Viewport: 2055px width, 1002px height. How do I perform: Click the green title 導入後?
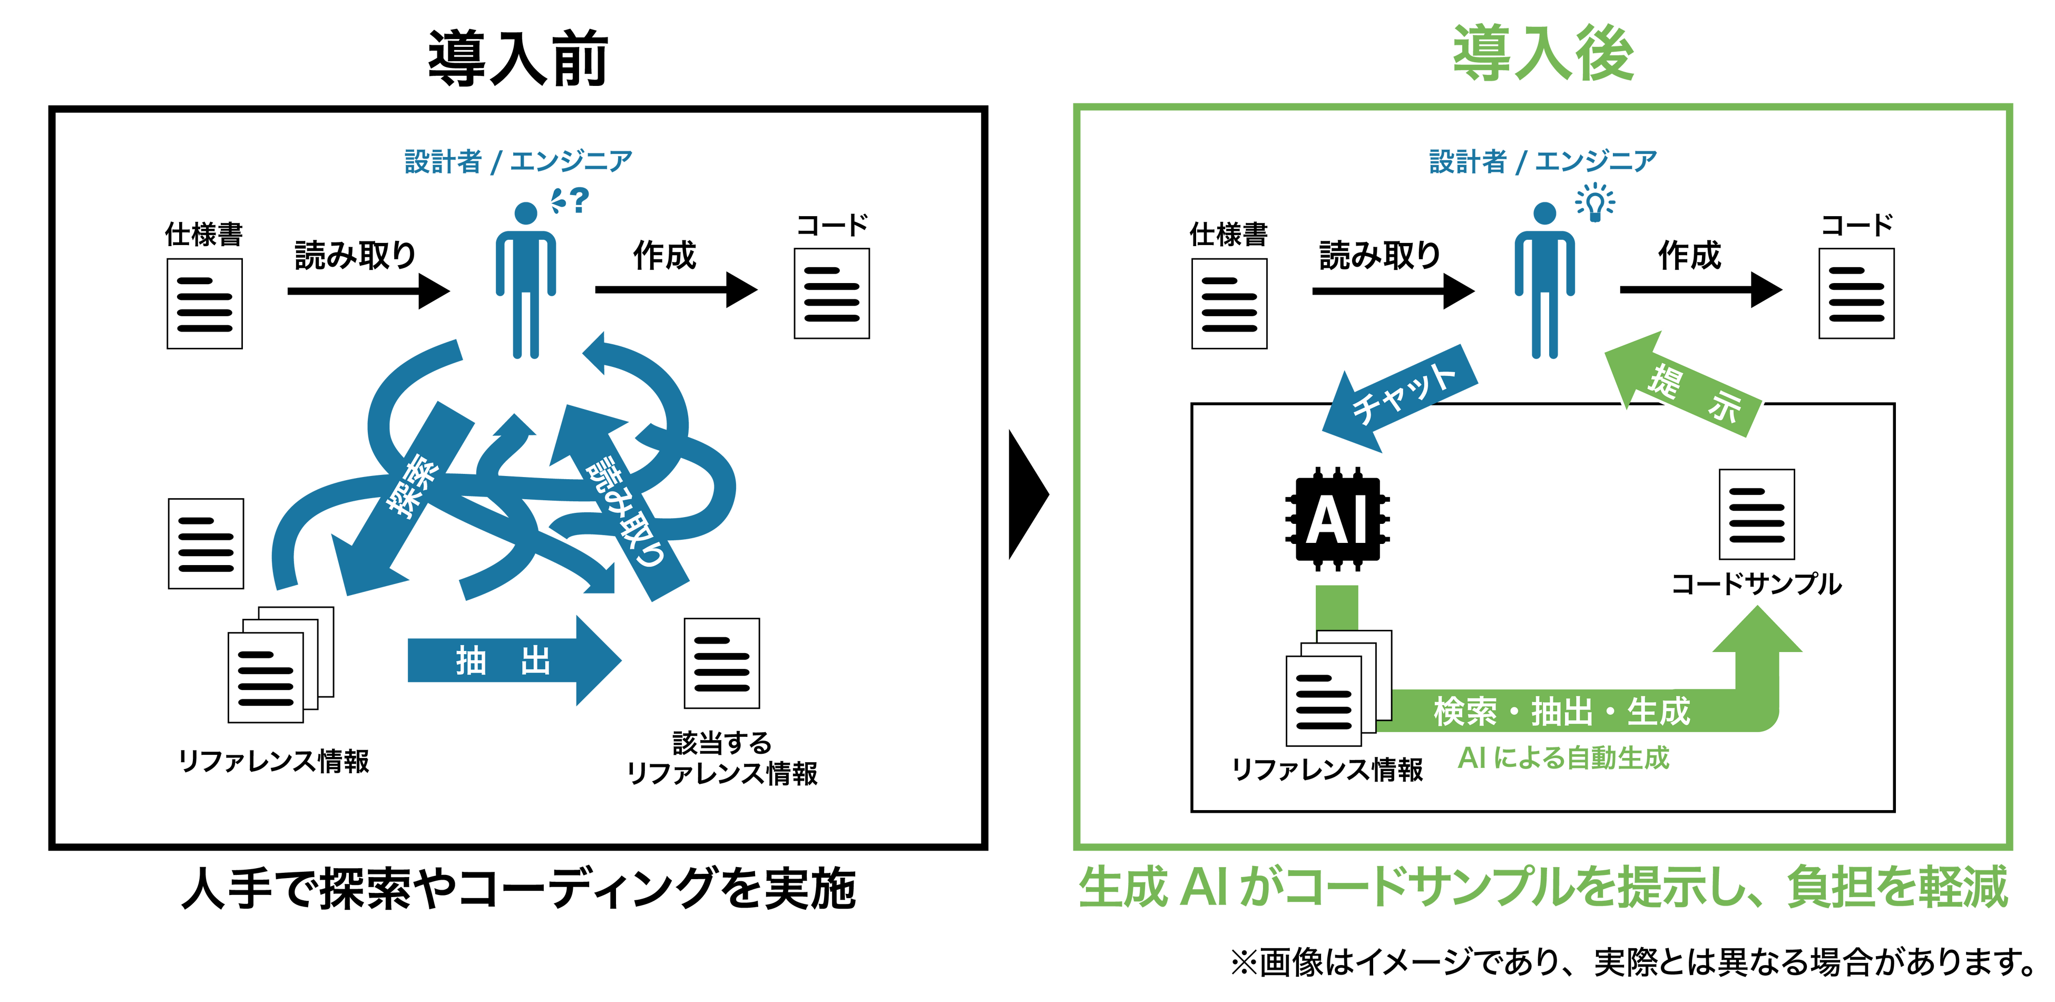click(1543, 53)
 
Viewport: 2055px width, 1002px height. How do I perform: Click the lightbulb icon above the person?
click(1594, 201)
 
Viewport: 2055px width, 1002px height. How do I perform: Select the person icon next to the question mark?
click(526, 279)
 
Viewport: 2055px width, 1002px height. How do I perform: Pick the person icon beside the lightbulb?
click(1544, 279)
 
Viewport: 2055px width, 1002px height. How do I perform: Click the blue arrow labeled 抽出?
click(511, 660)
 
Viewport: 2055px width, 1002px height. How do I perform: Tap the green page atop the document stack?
click(1337, 606)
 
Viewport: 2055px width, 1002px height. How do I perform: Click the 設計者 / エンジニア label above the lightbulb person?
click(1543, 161)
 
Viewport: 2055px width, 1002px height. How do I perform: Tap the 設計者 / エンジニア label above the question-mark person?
click(518, 161)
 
